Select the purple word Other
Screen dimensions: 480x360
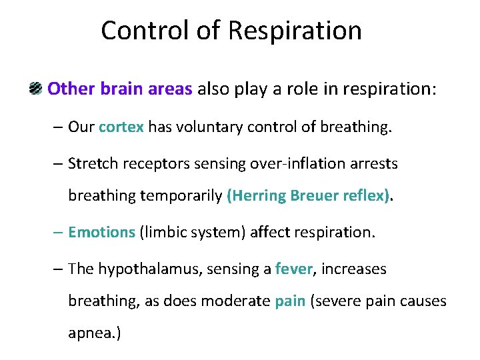click(x=71, y=89)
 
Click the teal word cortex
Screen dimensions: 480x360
click(x=121, y=127)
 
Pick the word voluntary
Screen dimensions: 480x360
click(x=207, y=127)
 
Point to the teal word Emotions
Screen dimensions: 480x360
click(x=101, y=233)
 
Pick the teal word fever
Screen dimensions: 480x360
click(x=293, y=269)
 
